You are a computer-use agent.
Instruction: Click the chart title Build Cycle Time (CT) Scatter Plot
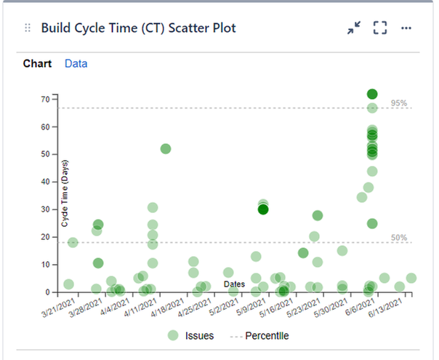(138, 28)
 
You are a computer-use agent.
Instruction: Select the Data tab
(76, 64)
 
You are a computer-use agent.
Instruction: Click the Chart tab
(37, 64)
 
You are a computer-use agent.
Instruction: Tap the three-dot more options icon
(406, 28)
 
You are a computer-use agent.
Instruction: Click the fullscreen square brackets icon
(379, 28)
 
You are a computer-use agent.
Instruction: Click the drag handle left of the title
(28, 28)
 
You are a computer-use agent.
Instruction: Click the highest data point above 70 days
(372, 94)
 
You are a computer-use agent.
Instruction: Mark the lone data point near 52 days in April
(166, 148)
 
